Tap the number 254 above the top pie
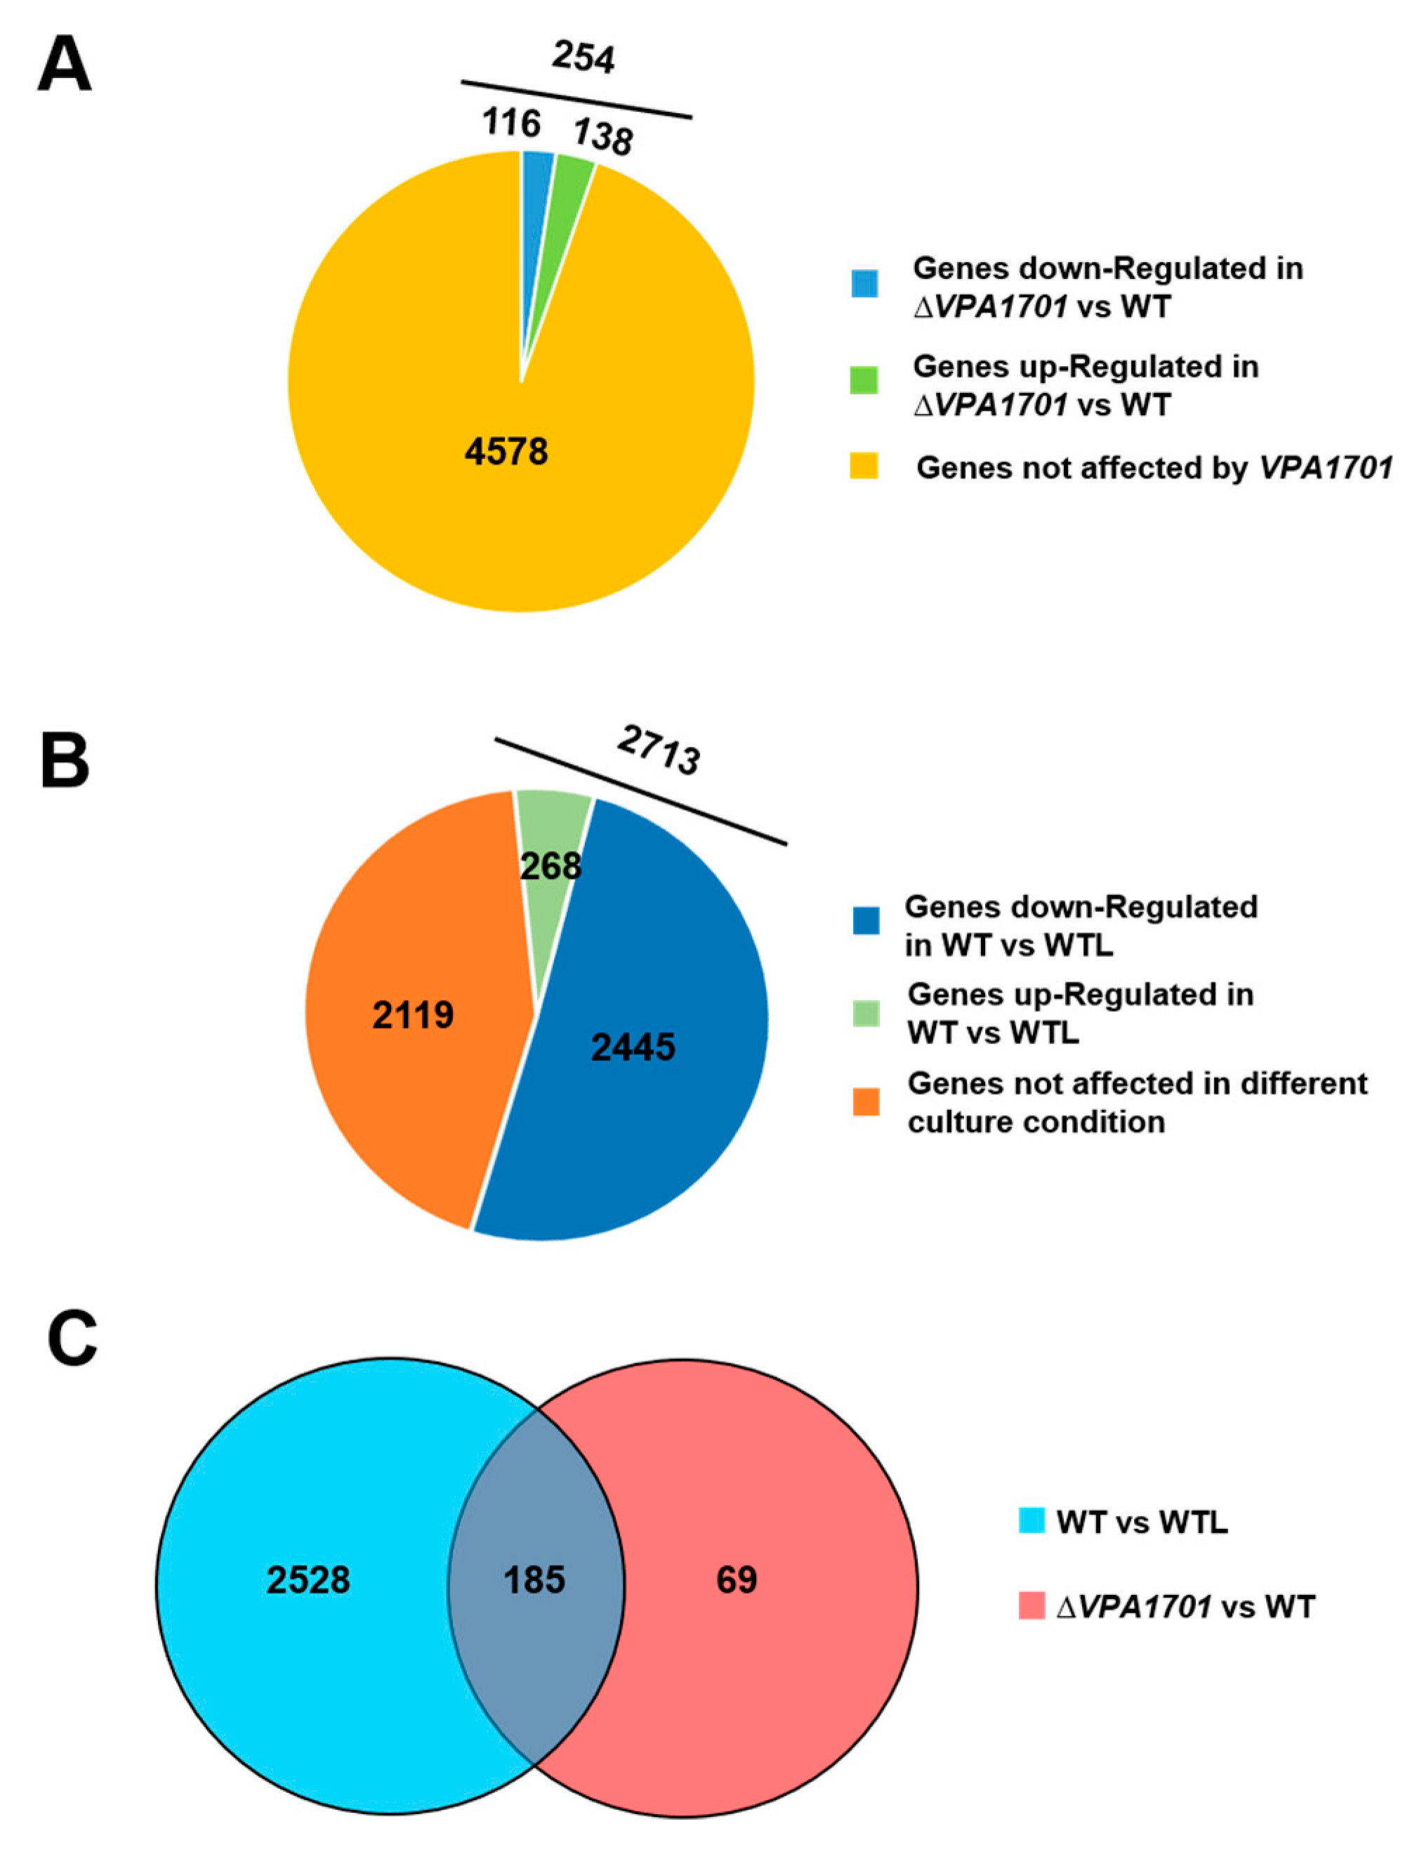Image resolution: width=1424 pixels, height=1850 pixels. [x=584, y=58]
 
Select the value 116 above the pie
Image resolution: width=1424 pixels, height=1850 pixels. [x=511, y=123]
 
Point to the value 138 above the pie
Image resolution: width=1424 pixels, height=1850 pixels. [x=602, y=136]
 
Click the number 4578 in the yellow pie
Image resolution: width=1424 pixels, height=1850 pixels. [x=506, y=452]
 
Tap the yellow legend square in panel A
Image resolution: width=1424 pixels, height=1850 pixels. [x=864, y=467]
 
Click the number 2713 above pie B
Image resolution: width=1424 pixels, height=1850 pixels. [x=659, y=750]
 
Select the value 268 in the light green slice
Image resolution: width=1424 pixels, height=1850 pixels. [x=551, y=866]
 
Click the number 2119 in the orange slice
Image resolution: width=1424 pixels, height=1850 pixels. [x=413, y=1014]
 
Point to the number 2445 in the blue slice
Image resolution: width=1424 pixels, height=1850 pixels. [x=633, y=1047]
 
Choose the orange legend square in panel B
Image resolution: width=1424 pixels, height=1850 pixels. [x=866, y=1102]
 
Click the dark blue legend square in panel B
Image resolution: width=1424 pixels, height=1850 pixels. [x=866, y=920]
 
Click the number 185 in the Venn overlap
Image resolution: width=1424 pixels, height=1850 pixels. [x=534, y=1579]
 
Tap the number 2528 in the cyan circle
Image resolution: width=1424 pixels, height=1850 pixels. [x=308, y=1579]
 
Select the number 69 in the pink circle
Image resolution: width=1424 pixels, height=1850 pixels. [x=737, y=1579]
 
